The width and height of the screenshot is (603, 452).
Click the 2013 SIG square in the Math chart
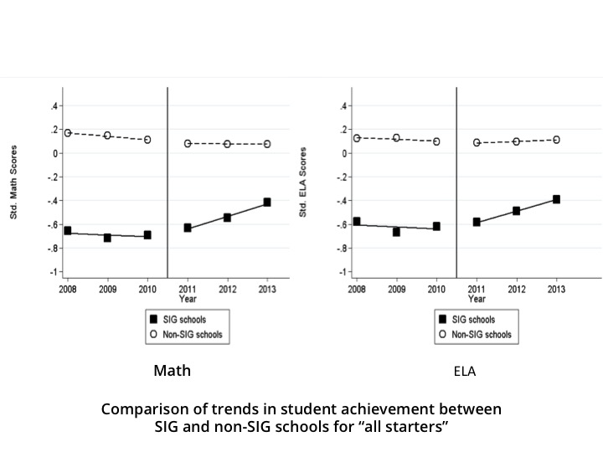(267, 202)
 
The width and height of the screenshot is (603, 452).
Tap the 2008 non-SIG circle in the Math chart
(68, 133)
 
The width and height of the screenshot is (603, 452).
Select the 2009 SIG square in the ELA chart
(396, 232)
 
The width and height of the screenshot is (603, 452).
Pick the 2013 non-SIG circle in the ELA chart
(556, 140)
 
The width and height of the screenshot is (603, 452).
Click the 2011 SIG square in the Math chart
(188, 228)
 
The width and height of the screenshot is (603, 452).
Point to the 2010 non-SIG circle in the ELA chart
(435, 141)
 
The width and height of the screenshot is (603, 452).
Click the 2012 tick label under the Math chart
(227, 289)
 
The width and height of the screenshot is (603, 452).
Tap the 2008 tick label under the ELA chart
(356, 289)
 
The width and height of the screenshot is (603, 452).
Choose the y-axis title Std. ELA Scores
(303, 183)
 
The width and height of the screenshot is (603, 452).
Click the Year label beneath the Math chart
(188, 298)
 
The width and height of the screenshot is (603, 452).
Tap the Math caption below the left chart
(172, 370)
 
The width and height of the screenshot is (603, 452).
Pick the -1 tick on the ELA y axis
(343, 273)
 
